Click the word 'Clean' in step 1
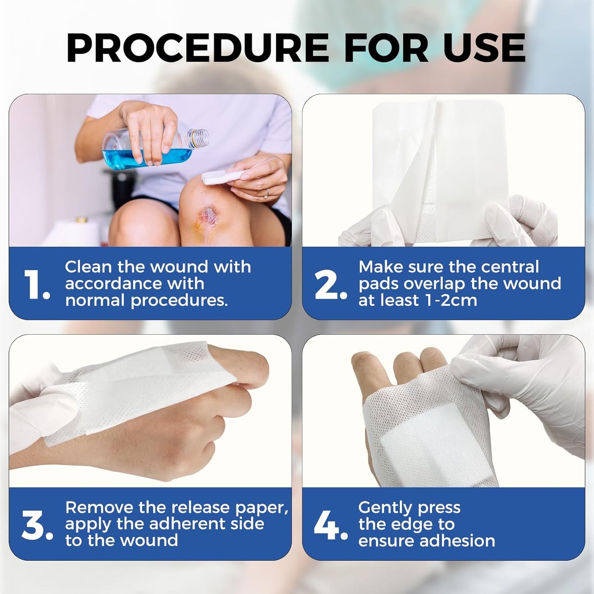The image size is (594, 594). pyautogui.click(x=88, y=267)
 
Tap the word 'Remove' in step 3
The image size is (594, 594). pyautogui.click(x=99, y=508)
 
